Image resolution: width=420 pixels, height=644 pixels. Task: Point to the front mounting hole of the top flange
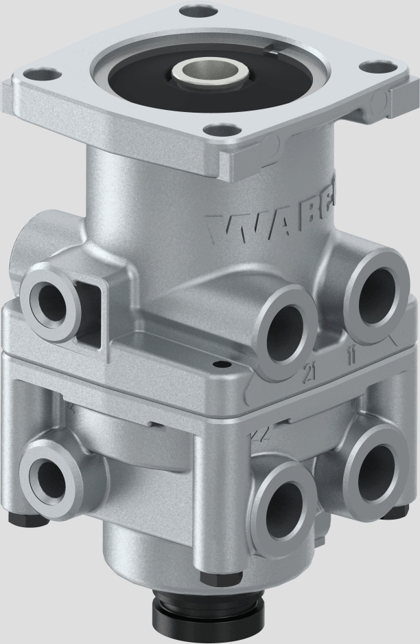click(221, 129)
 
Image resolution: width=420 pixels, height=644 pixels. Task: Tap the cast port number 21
click(310, 374)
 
